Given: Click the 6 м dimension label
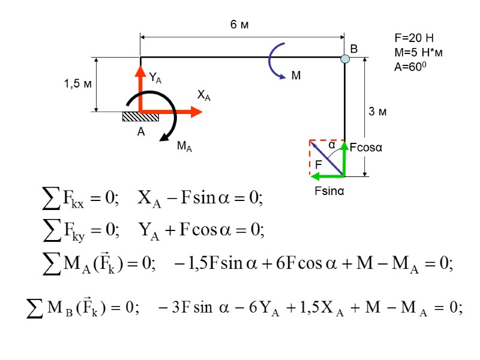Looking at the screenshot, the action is tap(239, 25).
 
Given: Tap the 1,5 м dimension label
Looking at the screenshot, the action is tap(77, 84).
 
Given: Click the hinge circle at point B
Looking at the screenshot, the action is tap(345, 58).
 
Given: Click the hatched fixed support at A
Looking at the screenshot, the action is tap(140, 116).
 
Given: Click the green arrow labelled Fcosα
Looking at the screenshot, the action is tap(344, 158).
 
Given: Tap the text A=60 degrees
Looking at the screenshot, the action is tap(410, 67).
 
